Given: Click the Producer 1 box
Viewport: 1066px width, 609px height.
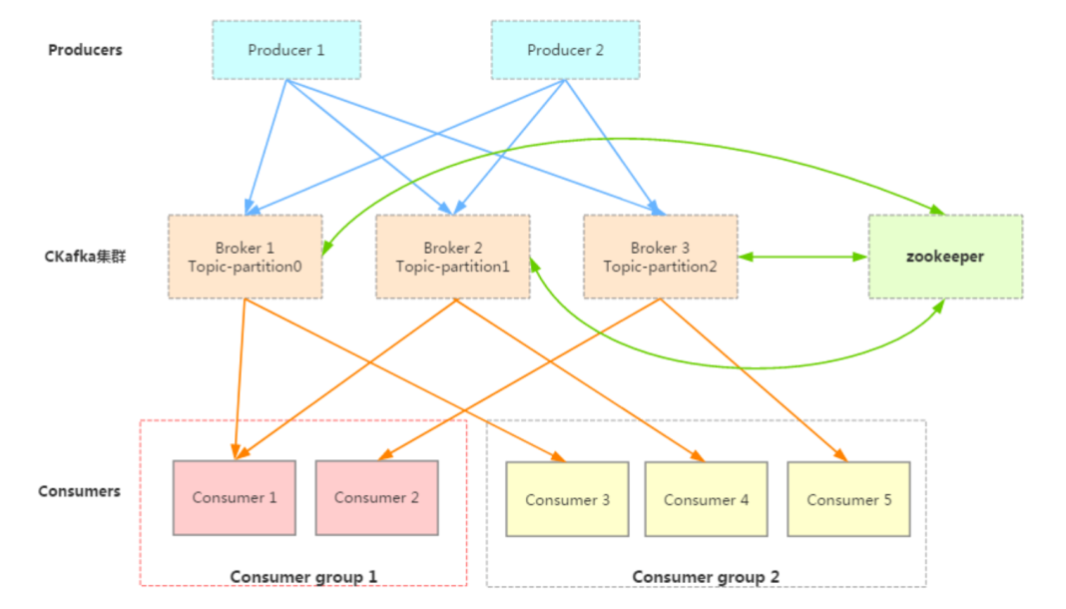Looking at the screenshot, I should pyautogui.click(x=286, y=50).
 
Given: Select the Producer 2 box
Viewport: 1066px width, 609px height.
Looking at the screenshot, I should pyautogui.click(x=565, y=50).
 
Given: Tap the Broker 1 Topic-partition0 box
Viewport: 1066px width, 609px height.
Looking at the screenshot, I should pyautogui.click(x=245, y=257).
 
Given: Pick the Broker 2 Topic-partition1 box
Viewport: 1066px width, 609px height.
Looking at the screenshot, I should pyautogui.click(x=452, y=257).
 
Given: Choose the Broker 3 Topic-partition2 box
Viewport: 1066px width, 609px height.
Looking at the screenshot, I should pyautogui.click(x=660, y=257).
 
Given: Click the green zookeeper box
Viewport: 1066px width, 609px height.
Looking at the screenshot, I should pyautogui.click(x=944, y=257).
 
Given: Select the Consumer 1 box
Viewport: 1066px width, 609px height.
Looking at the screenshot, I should pyautogui.click(x=235, y=497).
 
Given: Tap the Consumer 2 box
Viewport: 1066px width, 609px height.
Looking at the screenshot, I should pyautogui.click(x=376, y=497).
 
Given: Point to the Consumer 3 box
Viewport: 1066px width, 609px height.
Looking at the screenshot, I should pyautogui.click(x=567, y=499).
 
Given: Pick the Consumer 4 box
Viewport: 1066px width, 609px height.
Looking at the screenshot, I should pyautogui.click(x=706, y=499).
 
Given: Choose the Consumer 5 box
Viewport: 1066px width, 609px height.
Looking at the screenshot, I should pyautogui.click(x=848, y=499).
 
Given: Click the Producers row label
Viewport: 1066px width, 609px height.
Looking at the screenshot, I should pyautogui.click(x=85, y=50).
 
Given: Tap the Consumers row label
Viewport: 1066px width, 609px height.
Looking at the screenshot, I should pyautogui.click(x=79, y=491).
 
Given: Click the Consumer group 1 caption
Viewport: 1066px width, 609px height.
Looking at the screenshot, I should pyautogui.click(x=303, y=576).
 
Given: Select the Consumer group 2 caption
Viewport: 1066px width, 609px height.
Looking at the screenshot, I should pyautogui.click(x=706, y=576).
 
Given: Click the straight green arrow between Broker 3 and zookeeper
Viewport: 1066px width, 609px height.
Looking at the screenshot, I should pyautogui.click(x=803, y=257).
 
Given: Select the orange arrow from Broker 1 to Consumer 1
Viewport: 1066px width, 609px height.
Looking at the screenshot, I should pyautogui.click(x=240, y=374).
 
